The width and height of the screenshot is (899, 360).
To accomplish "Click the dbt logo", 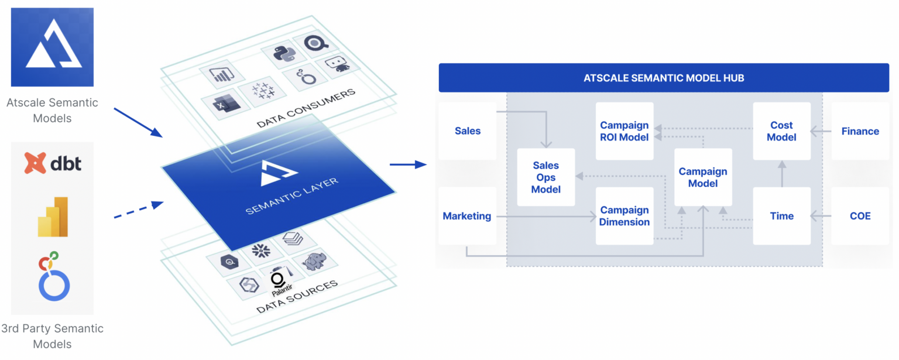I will [53, 163].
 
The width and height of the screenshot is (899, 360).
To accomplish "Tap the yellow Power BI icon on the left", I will [53, 216].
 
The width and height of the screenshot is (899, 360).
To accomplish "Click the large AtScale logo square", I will [53, 47].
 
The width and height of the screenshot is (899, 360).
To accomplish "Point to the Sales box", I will [468, 131].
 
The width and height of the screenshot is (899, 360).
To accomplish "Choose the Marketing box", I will [467, 216].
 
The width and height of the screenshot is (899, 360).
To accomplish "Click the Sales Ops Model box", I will [546, 177].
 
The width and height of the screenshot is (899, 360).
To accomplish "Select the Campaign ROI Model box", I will [625, 131].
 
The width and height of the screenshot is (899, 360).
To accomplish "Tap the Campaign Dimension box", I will [625, 216].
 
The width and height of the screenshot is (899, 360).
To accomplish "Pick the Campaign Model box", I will [703, 177].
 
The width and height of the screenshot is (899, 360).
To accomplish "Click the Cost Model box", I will [781, 131].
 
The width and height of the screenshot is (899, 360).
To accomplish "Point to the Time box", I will [781, 216].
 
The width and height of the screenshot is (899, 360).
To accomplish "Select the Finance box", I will [860, 131].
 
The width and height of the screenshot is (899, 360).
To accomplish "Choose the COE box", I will [860, 216].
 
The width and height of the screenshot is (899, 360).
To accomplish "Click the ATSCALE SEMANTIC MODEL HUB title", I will [664, 78].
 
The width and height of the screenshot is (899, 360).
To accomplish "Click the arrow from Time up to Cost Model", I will [781, 174].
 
